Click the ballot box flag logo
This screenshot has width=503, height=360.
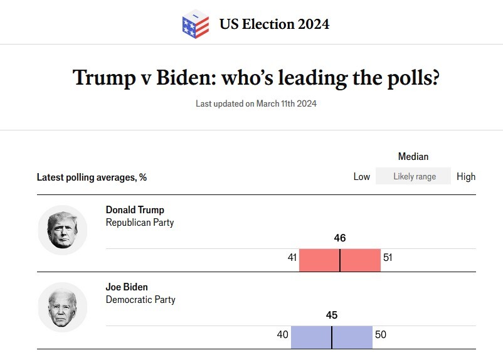pos(195,24)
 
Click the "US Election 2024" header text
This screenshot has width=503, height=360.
pos(274,24)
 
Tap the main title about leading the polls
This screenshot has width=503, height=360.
pos(256,78)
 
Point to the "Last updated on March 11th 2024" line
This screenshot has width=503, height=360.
pos(256,103)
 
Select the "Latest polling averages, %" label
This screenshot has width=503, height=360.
pos(92,177)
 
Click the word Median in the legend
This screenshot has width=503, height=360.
pos(413,156)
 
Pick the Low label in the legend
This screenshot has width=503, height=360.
pos(362,176)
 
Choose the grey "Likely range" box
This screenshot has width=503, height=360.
pos(414,176)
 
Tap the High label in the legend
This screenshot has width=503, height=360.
pos(466,176)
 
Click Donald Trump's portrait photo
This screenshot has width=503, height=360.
pos(63,230)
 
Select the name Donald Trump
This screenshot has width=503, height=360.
pos(135,210)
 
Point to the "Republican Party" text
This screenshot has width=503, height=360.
pos(140,222)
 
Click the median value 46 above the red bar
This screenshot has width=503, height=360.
pos(340,238)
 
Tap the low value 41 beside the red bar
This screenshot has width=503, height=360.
pos(292,257)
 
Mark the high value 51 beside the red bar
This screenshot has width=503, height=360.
pos(388,257)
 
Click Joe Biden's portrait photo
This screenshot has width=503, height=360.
pos(63,307)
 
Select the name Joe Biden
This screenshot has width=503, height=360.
pos(127,287)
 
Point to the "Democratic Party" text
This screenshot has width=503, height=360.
pos(140,299)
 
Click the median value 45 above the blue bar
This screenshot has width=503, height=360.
pos(332,315)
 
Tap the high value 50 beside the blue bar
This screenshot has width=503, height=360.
pos(381,334)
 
